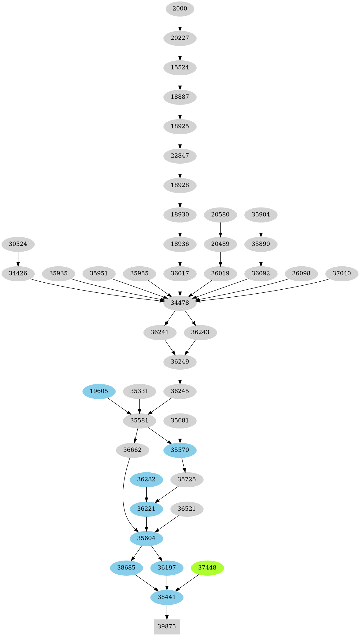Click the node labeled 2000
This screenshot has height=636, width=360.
180,9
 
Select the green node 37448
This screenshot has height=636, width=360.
207,567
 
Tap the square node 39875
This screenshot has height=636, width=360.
167,626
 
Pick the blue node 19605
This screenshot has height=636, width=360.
99,391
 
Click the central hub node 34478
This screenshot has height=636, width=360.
180,303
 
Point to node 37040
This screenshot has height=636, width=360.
342,273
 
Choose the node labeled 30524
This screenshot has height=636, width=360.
18,244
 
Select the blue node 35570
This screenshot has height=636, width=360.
180,450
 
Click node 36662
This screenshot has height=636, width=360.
132,450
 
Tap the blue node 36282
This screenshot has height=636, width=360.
146,479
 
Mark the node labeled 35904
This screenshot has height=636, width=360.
261,215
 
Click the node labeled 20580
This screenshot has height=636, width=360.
220,215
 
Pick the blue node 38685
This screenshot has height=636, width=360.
126,567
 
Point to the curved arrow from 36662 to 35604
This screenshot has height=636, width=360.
123,497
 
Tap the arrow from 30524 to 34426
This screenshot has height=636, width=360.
18,259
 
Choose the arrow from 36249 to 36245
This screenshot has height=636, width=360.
180,376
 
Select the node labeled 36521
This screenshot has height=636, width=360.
186,508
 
